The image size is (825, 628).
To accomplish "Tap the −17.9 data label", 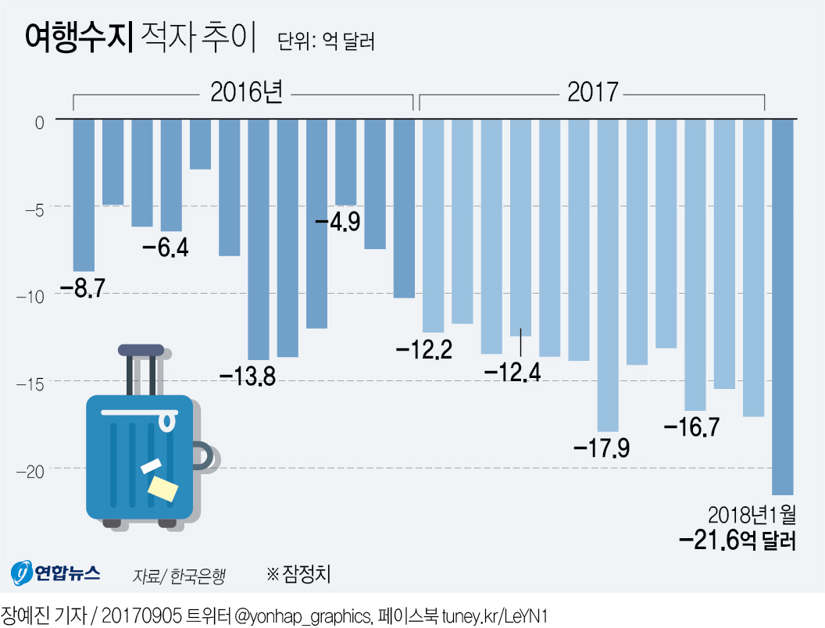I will click(x=602, y=449).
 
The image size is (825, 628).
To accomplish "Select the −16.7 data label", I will click(x=691, y=427).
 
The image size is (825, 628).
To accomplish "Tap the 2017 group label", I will click(x=592, y=93).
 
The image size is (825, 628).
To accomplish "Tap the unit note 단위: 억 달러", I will click(x=327, y=41).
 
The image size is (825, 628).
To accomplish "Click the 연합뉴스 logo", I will click(x=55, y=573).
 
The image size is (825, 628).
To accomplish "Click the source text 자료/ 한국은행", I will click(x=179, y=576).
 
